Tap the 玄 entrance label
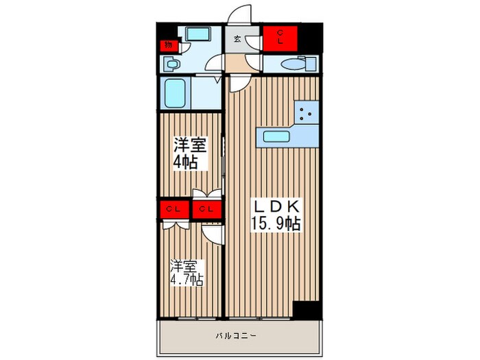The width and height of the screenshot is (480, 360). pyautogui.click(x=237, y=39)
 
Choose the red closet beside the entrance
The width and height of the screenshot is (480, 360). pyautogui.click(x=281, y=38)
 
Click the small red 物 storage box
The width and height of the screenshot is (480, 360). pyautogui.click(x=167, y=45)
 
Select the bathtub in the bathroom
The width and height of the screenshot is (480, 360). pyautogui.click(x=175, y=93)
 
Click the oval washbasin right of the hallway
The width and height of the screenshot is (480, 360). pyautogui.click(x=292, y=64)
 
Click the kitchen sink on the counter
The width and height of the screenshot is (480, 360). pyautogui.click(x=277, y=136)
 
